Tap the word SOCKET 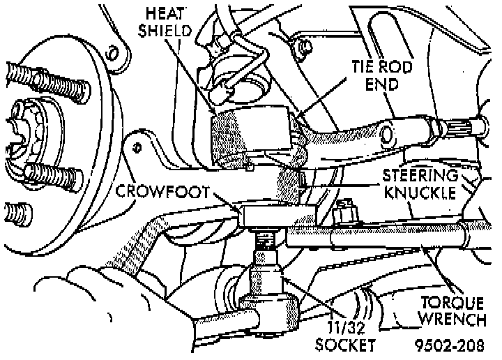tap(347, 344)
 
